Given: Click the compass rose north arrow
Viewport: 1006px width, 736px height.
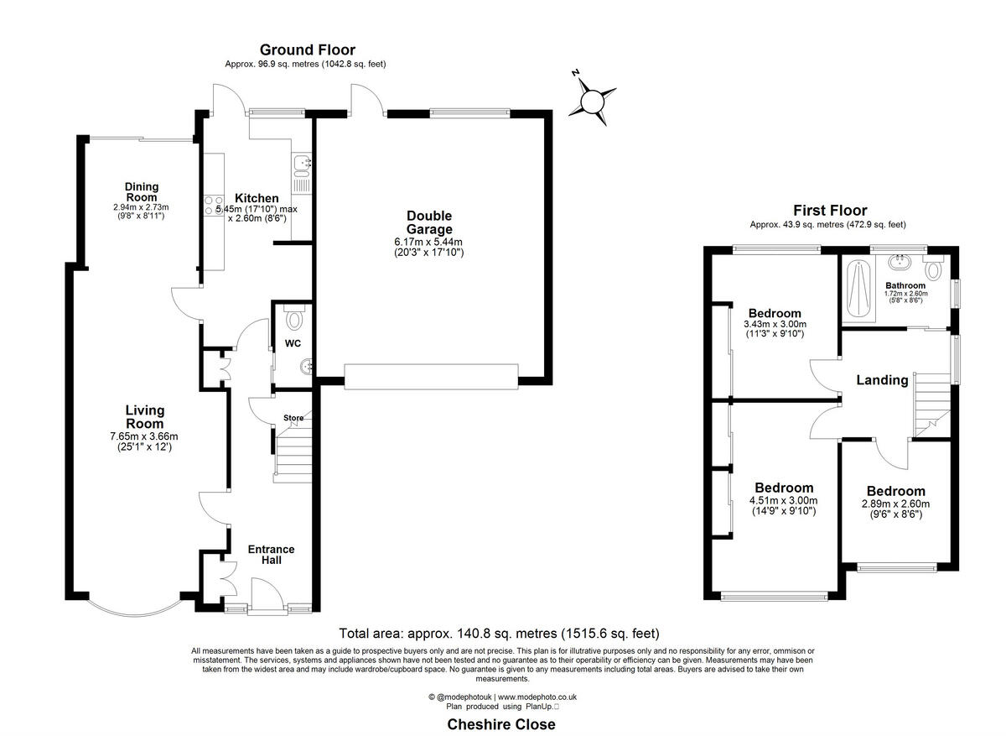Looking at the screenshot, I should click(x=593, y=101).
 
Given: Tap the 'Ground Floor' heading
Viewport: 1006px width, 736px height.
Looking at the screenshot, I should click(x=307, y=50).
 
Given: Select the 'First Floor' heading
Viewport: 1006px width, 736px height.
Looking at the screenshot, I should click(x=830, y=211).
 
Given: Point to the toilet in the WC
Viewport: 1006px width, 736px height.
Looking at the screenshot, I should click(x=294, y=319).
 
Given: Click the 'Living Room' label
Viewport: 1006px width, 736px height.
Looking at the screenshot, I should click(x=145, y=417).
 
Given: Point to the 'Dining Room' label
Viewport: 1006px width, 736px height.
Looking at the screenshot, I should click(x=142, y=192).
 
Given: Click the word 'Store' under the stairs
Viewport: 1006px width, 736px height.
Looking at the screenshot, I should click(x=293, y=417).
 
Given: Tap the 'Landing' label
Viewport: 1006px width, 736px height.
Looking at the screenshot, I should click(x=882, y=380).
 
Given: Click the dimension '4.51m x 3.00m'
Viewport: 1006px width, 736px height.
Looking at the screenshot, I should click(x=783, y=501).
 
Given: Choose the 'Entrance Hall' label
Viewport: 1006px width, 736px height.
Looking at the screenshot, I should click(x=271, y=555).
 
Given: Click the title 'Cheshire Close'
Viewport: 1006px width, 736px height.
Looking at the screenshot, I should click(x=501, y=724).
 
